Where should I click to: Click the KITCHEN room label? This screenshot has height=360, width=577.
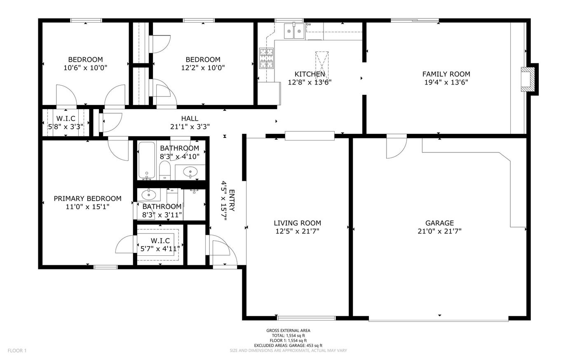(310, 74)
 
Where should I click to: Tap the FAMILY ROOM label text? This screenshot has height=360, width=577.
(446, 74)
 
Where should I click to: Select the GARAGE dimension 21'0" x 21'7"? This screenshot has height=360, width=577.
(439, 231)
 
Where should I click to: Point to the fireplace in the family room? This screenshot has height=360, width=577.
(528, 79)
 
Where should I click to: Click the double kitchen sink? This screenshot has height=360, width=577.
(294, 31)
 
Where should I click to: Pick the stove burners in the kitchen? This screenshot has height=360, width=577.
(266, 58)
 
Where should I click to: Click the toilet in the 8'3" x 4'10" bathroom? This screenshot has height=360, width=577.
(164, 170)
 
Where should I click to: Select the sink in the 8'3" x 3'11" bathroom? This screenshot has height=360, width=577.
(149, 194)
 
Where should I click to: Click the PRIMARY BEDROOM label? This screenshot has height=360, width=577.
(87, 199)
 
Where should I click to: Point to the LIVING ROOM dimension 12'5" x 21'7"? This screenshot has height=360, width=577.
(297, 231)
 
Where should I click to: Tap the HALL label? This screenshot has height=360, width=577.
(190, 119)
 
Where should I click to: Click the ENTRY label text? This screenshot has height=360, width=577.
(232, 200)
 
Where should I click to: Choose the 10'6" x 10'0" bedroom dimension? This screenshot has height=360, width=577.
(85, 68)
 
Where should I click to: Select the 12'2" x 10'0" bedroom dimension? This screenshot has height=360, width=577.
(203, 68)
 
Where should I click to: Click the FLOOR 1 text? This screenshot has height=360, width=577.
(17, 351)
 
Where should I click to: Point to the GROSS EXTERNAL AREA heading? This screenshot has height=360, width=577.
(288, 331)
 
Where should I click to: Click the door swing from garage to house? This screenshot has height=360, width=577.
(396, 146)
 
